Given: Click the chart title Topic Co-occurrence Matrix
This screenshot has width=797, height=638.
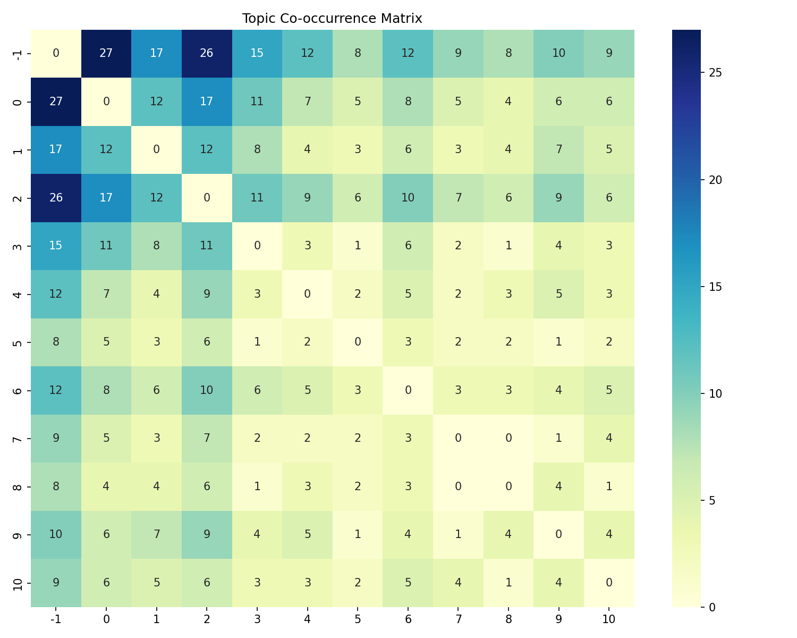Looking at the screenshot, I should tap(332, 19).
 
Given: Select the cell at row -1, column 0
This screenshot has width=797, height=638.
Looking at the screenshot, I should tap(106, 54).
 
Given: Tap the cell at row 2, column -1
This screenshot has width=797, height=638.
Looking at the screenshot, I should tap(56, 198).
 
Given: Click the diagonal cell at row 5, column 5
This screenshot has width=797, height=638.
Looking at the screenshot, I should tap(358, 342).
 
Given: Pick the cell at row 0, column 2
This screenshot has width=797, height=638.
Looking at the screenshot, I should tap(207, 102).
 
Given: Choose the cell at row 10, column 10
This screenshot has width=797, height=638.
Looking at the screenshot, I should tap(609, 583).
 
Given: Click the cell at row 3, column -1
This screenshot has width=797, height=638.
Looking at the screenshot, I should tap(56, 246).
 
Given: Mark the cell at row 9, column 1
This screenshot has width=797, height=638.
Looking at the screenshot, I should tap(156, 534).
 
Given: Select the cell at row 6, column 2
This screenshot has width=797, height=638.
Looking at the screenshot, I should tap(207, 390).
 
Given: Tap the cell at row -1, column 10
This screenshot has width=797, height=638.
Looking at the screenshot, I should tap(609, 54).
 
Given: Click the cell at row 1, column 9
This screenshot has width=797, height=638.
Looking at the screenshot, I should tap(558, 149).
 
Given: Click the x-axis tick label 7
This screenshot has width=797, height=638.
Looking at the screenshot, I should tap(458, 619).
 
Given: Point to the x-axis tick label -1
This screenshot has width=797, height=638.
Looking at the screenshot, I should tap(56, 619).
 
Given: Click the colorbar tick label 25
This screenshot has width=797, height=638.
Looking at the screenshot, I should tap(715, 73).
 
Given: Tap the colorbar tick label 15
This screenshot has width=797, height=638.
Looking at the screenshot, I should tap(715, 287).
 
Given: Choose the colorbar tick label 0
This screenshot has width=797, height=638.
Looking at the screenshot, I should tap(713, 607).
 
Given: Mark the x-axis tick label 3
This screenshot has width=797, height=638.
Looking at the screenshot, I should tap(257, 619).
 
